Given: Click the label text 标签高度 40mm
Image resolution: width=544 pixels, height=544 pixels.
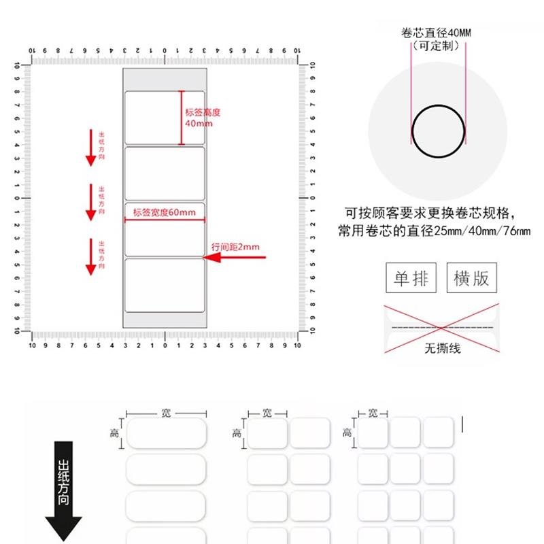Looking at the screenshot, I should [203, 118].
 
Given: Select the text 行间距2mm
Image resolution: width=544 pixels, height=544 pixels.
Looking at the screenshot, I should [235, 247].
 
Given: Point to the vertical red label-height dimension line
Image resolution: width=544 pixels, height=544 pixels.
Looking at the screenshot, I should [182, 118].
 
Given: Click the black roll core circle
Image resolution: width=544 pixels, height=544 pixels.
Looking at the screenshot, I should [438, 131].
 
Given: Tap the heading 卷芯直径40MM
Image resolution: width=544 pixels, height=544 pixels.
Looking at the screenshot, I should [438, 33].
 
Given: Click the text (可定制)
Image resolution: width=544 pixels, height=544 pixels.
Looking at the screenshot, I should [438, 45].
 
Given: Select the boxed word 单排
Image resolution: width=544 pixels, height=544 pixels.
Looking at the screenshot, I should [411, 278].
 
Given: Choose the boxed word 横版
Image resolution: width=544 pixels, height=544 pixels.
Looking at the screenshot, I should [471, 278].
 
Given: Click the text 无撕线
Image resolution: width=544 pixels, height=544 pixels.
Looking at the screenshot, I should [438, 349].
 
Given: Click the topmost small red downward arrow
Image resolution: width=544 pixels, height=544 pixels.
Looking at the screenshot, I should [90, 147].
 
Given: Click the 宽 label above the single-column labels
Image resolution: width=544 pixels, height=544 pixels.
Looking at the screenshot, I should [166, 413].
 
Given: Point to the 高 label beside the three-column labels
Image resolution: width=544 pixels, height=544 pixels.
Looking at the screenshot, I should [347, 432].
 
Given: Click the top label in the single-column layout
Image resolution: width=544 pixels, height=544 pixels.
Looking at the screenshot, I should [166, 433].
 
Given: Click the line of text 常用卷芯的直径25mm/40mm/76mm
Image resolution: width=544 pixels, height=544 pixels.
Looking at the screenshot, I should [434, 231].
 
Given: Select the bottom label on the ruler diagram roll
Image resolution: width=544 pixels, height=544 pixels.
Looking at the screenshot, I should [164, 285].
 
